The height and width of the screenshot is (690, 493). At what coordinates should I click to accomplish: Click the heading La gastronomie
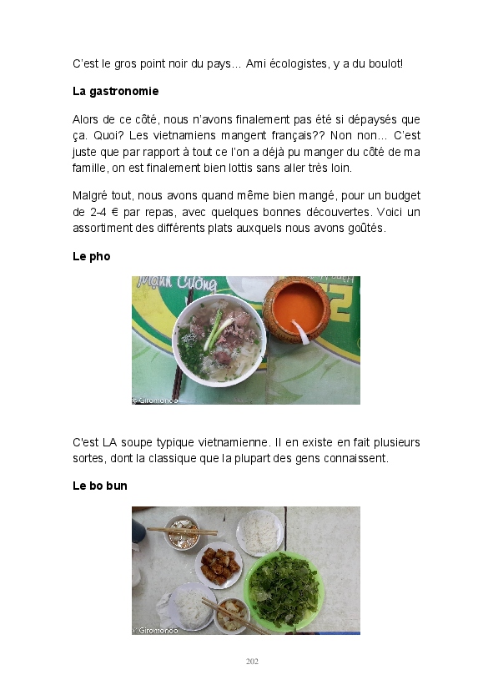116,91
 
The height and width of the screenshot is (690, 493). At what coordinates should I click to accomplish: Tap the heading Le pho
92,256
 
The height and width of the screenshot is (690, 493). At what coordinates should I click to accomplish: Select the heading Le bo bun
100,486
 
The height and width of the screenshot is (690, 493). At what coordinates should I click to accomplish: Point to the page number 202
252,662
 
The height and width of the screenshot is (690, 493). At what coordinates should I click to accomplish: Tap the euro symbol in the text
115,212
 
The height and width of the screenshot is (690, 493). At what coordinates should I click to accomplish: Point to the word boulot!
385,63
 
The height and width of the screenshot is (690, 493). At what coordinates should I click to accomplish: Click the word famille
90,168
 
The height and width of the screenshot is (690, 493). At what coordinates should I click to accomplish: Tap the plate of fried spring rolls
219,566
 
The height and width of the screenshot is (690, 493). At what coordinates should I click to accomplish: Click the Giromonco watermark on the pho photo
155,400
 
